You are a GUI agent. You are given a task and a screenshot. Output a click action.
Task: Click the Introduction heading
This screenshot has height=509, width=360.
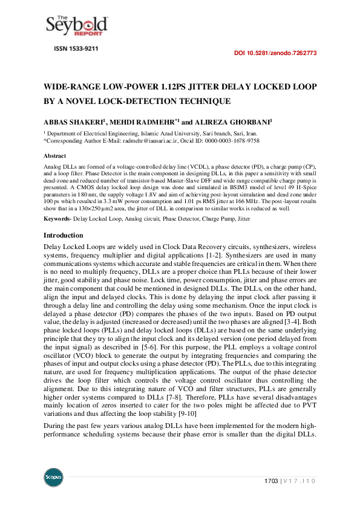pyautogui.click(x=63, y=218)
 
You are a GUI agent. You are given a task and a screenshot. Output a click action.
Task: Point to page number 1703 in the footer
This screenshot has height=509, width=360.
pyautogui.click(x=270, y=481)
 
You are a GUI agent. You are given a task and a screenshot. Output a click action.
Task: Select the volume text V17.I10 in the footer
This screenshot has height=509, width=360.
pyautogui.click(x=299, y=481)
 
